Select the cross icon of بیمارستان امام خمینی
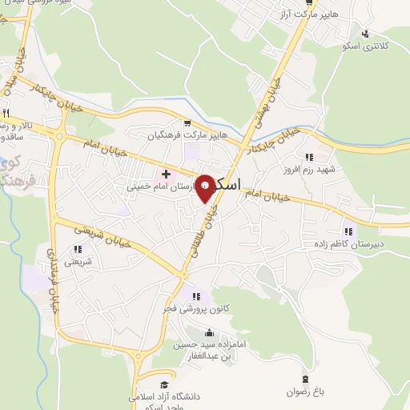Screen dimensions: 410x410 167,173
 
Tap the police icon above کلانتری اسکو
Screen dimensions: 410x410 366,34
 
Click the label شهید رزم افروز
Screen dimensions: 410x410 307,170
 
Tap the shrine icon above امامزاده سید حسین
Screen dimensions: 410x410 211,332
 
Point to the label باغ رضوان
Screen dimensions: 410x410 304,392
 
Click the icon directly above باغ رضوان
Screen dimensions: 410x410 304,379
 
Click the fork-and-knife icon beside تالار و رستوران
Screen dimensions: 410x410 6,112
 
